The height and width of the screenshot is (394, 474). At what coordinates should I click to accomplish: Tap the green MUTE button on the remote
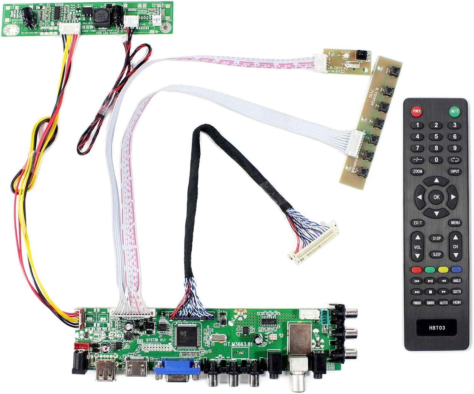[454, 111]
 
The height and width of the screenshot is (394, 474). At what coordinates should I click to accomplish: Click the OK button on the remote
[436, 197]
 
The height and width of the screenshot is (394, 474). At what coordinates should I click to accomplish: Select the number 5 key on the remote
[436, 137]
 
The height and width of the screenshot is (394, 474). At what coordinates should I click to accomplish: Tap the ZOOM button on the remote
[417, 171]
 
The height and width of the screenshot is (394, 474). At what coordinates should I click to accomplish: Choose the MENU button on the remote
[455, 223]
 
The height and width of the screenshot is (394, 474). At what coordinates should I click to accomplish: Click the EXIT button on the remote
[418, 223]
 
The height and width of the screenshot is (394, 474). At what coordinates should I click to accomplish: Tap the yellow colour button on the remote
[443, 270]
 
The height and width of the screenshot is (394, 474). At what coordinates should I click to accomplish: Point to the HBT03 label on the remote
[437, 328]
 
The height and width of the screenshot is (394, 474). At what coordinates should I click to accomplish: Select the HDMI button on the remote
[457, 303]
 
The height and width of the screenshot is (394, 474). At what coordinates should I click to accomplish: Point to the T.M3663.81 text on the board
[240, 344]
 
